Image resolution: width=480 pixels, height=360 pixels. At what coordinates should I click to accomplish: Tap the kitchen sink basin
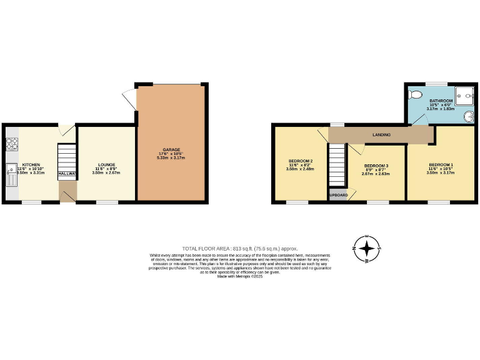click(x=11, y=169)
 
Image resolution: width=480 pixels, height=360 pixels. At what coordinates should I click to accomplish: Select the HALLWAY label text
click(x=67, y=173)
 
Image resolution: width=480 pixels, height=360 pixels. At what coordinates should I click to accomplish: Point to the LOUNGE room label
click(x=106, y=164)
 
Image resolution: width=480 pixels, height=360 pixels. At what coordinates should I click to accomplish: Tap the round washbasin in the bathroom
click(x=468, y=116)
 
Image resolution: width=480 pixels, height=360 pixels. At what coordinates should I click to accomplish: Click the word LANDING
click(x=382, y=134)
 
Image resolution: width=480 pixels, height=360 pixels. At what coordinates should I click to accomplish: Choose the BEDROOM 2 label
click(x=301, y=161)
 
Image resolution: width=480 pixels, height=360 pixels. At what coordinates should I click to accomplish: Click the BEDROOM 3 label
click(x=377, y=166)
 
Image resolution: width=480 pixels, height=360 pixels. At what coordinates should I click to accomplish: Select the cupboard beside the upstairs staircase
click(x=337, y=194)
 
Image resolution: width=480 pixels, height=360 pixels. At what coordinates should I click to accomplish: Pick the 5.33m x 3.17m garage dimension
click(x=171, y=158)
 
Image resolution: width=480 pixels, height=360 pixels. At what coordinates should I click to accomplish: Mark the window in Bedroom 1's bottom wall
click(x=438, y=202)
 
